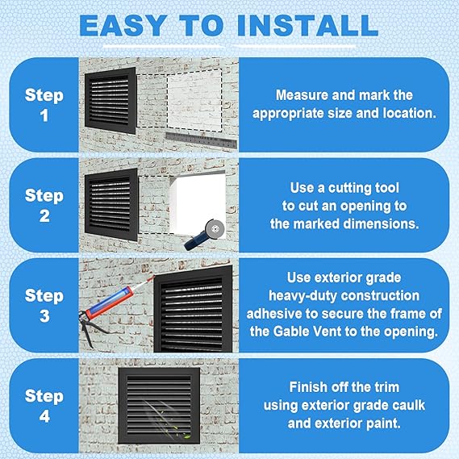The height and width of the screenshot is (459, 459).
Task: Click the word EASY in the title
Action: tap(123, 26)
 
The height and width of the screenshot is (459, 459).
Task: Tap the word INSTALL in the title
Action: tap(307, 26)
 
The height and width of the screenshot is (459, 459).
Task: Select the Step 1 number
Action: tap(44, 115)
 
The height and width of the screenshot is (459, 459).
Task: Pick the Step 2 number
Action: tap(44, 216)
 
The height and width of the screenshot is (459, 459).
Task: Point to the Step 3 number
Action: tap(44, 316)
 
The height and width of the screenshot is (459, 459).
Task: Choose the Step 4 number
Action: tap(44, 416)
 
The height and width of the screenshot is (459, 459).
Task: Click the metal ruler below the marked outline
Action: tap(201, 140)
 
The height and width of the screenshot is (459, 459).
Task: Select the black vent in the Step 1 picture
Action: tap(111, 100)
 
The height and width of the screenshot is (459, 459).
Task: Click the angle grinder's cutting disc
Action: tap(215, 227)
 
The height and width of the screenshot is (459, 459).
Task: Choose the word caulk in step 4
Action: tap(408, 406)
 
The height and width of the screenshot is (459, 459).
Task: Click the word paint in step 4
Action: tap(383, 424)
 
